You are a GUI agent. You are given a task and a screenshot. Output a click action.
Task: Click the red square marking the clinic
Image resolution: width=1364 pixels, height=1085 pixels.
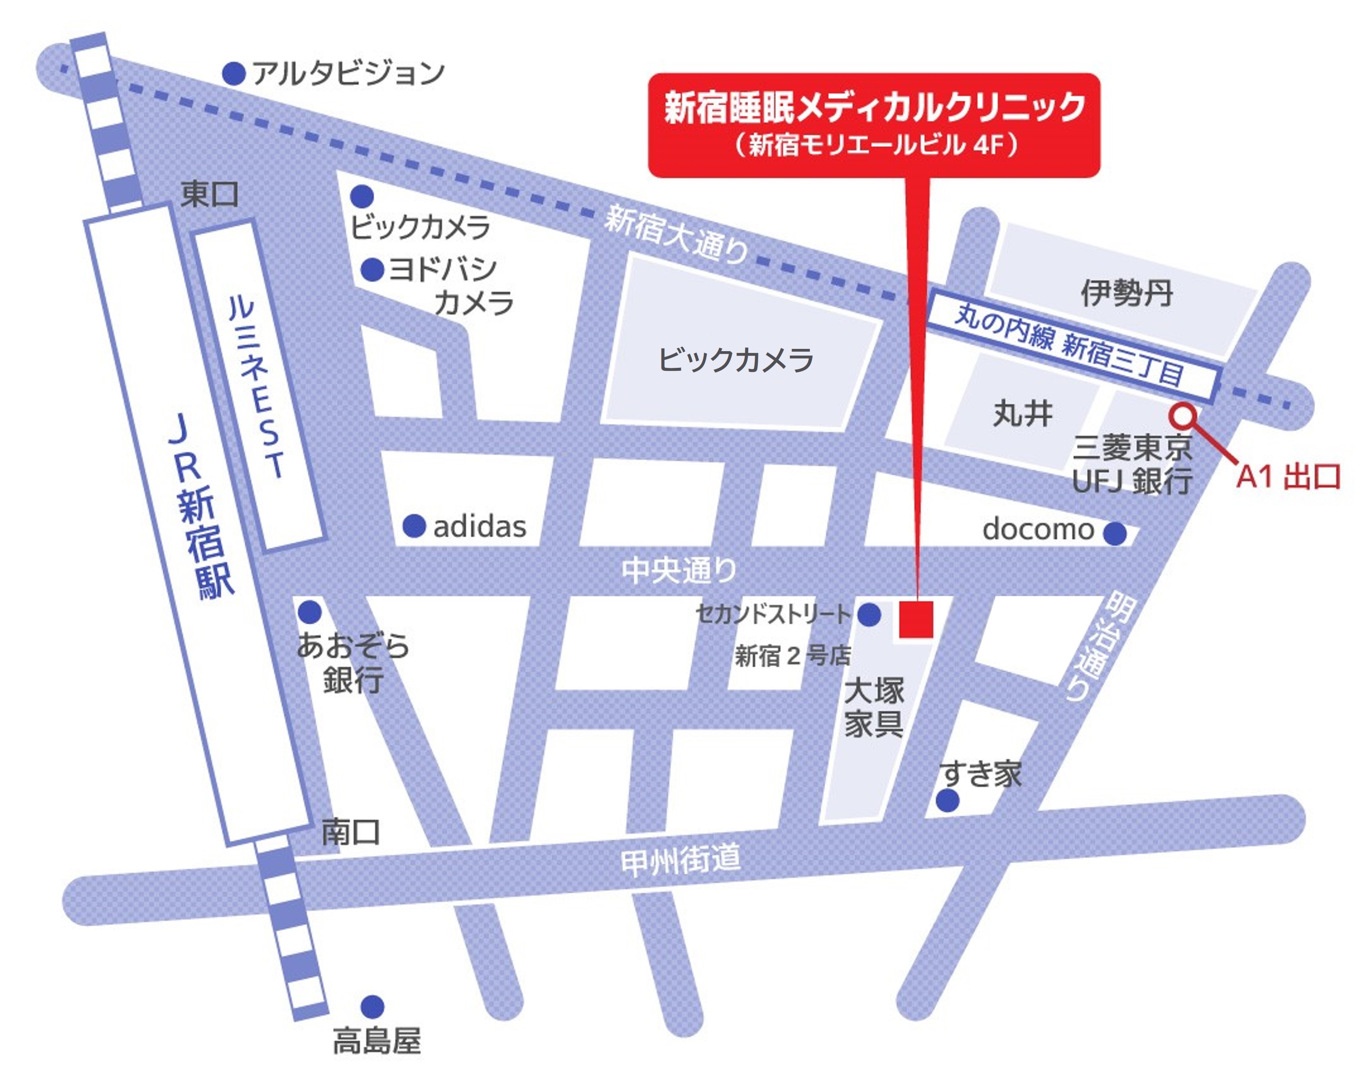[916, 619]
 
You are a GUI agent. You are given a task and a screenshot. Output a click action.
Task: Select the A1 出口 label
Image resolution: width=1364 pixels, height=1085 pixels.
[1288, 477]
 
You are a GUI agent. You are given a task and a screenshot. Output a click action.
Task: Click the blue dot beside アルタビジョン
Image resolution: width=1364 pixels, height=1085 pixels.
[234, 73]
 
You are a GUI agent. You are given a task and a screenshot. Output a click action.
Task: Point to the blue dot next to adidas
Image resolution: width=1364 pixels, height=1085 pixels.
[414, 526]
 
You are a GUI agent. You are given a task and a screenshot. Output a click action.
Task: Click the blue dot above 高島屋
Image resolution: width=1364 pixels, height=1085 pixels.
[372, 1006]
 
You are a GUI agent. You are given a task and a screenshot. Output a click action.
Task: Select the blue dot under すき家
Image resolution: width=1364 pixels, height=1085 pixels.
[947, 801]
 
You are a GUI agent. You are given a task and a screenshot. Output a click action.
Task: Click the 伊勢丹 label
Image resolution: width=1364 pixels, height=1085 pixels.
[1126, 293]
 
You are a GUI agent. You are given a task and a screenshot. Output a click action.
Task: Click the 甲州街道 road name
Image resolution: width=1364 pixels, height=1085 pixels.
[680, 861]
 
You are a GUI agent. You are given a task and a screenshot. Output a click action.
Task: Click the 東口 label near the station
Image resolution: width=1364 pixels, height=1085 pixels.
[210, 194]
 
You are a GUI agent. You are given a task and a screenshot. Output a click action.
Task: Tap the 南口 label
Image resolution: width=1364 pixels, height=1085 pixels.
[351, 832]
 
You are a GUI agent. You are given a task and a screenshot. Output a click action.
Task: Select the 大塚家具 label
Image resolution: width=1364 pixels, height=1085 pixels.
[874, 707]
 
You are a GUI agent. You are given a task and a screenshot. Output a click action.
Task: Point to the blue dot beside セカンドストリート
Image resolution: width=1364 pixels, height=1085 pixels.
[869, 614]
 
